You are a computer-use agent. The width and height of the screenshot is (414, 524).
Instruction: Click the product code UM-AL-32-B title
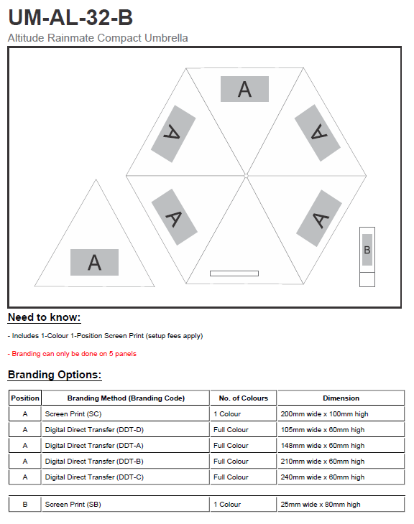[x=70, y=17]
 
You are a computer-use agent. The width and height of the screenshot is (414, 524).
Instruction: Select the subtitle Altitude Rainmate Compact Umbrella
[x=98, y=38]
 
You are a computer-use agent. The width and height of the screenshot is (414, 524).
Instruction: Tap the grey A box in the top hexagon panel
[x=244, y=89]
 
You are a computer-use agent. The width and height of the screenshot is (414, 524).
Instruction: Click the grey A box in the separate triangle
[x=94, y=262]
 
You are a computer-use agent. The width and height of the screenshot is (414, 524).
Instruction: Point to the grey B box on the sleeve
[x=367, y=250]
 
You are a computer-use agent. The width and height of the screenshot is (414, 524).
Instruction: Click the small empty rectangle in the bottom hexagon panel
[x=234, y=273]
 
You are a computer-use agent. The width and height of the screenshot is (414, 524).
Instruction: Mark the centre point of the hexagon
[x=246, y=175]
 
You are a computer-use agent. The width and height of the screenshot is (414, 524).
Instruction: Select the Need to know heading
[x=44, y=317]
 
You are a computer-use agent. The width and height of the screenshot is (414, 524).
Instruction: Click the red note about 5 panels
[x=72, y=354]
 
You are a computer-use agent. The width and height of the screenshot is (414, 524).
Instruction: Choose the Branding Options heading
[x=55, y=375]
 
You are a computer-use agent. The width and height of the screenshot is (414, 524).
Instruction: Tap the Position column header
[x=25, y=398]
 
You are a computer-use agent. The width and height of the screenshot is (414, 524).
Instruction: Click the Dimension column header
[x=341, y=398]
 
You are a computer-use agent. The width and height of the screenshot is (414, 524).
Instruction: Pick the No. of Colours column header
[x=244, y=398]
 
